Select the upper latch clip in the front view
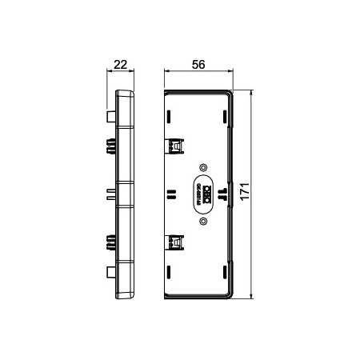175,146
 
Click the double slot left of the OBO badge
170,194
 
